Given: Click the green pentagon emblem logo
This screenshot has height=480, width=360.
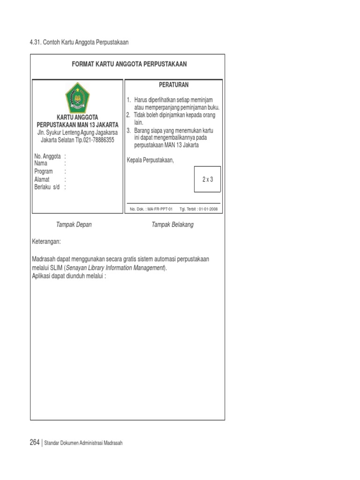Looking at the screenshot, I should pyautogui.click(x=78, y=97).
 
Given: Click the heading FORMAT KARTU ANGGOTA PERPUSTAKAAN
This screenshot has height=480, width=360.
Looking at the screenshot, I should pyautogui.click(x=129, y=64).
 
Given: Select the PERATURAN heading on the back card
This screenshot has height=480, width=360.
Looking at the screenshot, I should pyautogui.click(x=173, y=85).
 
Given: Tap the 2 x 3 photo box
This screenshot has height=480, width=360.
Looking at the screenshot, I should pyautogui.click(x=207, y=179).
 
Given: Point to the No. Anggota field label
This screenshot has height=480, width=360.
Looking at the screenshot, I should pyautogui.click(x=47, y=156).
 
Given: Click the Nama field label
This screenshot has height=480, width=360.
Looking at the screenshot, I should pyautogui.click(x=41, y=164).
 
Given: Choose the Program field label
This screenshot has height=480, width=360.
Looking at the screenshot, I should pyautogui.click(x=44, y=172).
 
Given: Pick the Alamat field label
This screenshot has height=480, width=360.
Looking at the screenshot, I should pyautogui.click(x=42, y=179).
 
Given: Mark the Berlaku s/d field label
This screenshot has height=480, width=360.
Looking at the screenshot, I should pyautogui.click(x=47, y=187).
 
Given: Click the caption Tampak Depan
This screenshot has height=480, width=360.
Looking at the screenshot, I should pyautogui.click(x=74, y=225).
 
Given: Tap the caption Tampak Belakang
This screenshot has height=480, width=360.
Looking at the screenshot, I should pyautogui.click(x=172, y=225).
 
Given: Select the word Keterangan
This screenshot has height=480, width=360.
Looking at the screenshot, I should pyautogui.click(x=46, y=242).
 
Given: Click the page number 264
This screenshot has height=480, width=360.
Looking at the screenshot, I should pyautogui.click(x=35, y=442).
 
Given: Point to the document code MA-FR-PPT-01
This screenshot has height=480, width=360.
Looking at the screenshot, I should pyautogui.click(x=160, y=209).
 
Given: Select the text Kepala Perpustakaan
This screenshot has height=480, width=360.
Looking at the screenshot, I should pyautogui.click(x=150, y=161).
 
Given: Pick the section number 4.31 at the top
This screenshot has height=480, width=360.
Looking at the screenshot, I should pyautogui.click(x=36, y=42).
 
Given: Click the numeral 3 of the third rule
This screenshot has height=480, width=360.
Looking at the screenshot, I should pyautogui.click(x=128, y=130).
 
